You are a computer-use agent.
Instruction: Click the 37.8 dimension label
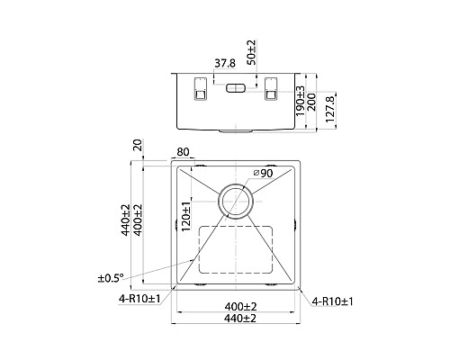point(225,64)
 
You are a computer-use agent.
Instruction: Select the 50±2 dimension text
point(252,52)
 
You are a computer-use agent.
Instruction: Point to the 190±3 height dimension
point(301,101)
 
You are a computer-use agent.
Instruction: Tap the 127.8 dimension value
point(330,109)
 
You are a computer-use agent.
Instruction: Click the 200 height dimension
point(310,102)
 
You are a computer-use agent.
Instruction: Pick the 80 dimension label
point(183,152)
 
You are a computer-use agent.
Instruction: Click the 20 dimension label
point(138,145)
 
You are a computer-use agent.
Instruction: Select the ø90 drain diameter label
point(263,173)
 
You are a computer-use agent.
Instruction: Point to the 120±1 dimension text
point(186,216)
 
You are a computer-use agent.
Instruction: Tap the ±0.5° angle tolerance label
point(111,278)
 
